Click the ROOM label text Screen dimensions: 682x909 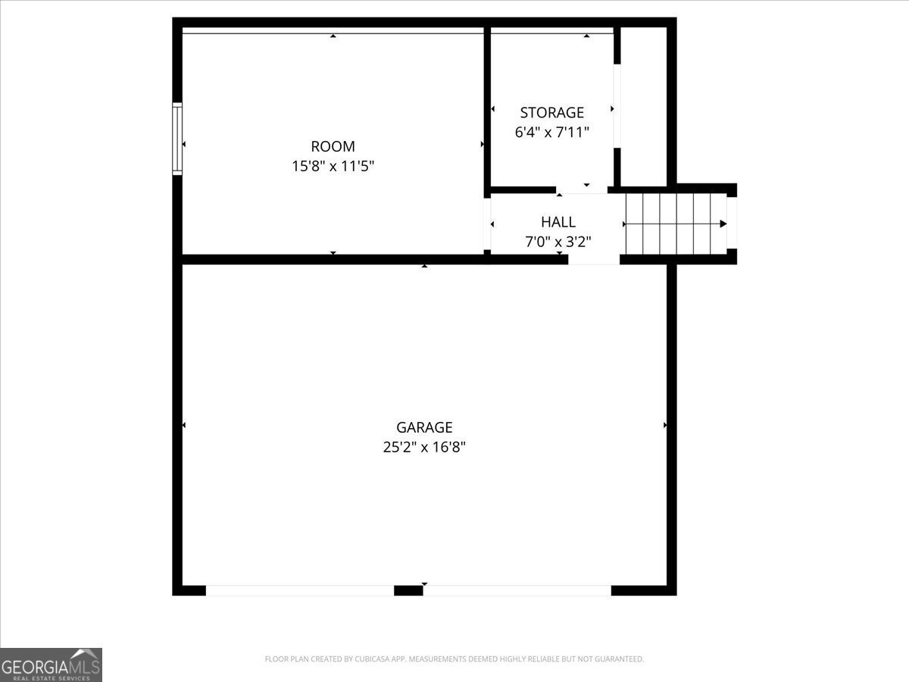pyautogui.click(x=333, y=146)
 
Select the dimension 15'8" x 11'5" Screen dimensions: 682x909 pyautogui.click(x=333, y=166)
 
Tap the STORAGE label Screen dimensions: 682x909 pyautogui.click(x=551, y=113)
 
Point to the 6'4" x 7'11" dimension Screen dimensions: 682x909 pyautogui.click(x=551, y=132)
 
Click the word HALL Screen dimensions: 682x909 pyautogui.click(x=558, y=222)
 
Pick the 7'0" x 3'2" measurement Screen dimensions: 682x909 pyautogui.click(x=558, y=242)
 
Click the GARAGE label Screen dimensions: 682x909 pyautogui.click(x=423, y=427)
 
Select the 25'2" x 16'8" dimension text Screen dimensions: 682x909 pyautogui.click(x=423, y=447)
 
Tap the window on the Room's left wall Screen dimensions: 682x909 pyautogui.click(x=177, y=139)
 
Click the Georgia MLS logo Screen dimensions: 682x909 pyautogui.click(x=51, y=664)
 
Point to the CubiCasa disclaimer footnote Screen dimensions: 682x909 pyautogui.click(x=454, y=659)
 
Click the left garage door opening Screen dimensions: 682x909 pyautogui.click(x=300, y=590)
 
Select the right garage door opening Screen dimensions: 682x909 pyautogui.click(x=517, y=590)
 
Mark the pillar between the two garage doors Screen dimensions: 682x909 pyautogui.click(x=408, y=590)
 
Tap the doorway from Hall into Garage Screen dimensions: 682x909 pyautogui.click(x=594, y=259)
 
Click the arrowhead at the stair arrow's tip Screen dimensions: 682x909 pyautogui.click(x=723, y=224)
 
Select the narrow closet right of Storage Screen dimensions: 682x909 pyautogui.click(x=644, y=106)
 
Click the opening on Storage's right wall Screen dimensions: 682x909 pyautogui.click(x=617, y=106)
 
